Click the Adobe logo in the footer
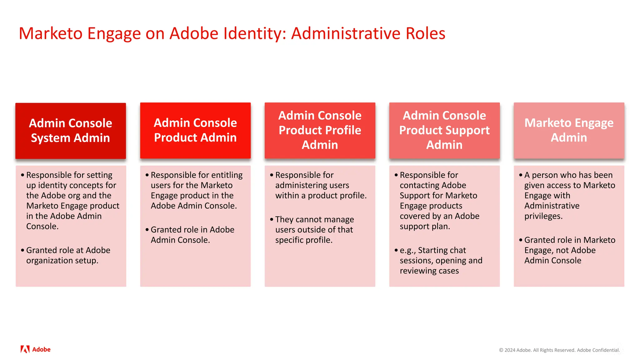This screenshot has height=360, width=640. pos(35,349)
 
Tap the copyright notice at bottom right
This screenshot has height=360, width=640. pos(559,350)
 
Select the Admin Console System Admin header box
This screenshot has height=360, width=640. pos(71,131)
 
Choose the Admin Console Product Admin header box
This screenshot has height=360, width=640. pos(195,130)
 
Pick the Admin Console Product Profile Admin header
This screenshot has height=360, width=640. pos(320,130)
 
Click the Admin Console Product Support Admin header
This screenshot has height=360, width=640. pos(444,130)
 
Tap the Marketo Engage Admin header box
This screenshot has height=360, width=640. pos(569,130)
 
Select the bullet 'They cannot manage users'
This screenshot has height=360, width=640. pos(314,229)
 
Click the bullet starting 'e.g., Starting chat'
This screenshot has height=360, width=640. pos(441,260)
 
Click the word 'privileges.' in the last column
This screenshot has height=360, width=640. pos(543,216)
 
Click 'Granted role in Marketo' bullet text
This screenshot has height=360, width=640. pos(569,240)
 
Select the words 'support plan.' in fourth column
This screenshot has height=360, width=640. pos(425,226)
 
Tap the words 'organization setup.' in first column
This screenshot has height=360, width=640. pos(62,261)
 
